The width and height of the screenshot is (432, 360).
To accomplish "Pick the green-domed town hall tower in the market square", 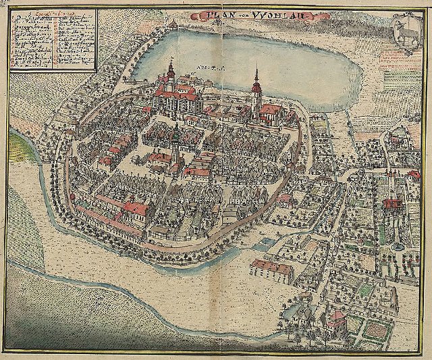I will click(176, 138).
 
